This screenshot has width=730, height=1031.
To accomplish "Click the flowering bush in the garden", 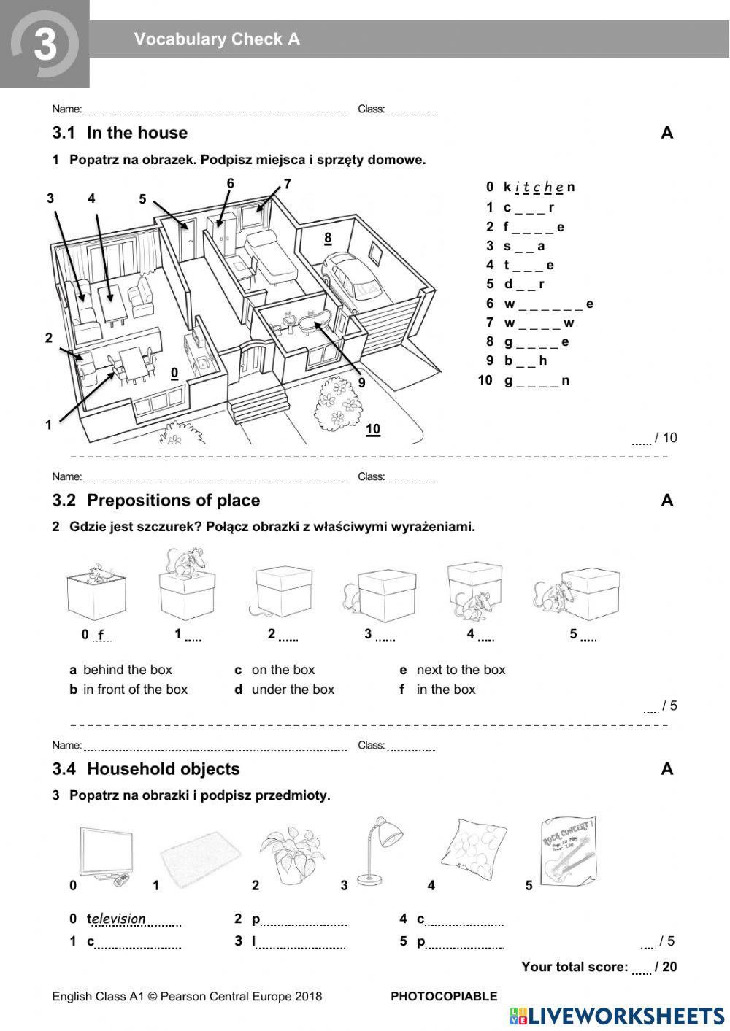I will [x=338, y=405].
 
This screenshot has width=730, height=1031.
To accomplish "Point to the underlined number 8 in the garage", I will [x=328, y=238].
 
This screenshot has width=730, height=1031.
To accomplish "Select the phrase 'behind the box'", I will [x=128, y=670].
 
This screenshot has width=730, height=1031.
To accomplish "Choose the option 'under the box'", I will [x=293, y=690].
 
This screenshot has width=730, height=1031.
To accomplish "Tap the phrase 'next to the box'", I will [x=461, y=670].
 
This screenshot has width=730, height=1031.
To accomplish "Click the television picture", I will [x=106, y=855].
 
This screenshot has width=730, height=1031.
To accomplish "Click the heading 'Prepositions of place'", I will [x=173, y=501].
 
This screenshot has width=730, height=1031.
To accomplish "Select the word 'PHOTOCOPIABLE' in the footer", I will [x=444, y=996].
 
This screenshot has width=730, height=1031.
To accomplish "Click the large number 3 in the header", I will [x=45, y=45].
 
